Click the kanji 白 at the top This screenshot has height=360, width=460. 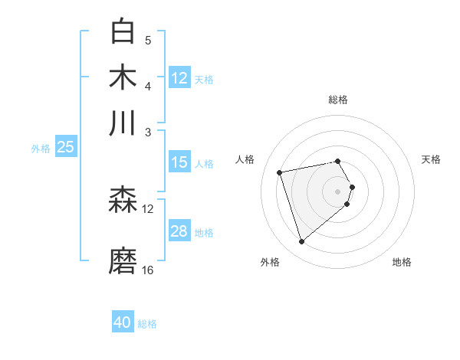[123, 32]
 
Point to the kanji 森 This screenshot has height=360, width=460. [123, 201]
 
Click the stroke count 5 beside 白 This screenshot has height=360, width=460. [148, 40]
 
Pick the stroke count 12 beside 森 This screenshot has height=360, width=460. [148, 208]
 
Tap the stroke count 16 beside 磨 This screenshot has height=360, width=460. [148, 270]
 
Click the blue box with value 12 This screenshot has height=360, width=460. [179, 78]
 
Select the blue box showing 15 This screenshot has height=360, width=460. [179, 162]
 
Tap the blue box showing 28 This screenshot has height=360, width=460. [179, 231]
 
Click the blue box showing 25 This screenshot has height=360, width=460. [65, 147]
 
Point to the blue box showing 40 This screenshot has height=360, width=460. [123, 322]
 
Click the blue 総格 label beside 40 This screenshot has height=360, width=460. [147, 324]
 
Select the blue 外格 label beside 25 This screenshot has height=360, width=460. [41, 149]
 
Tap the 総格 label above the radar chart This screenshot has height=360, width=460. [337, 100]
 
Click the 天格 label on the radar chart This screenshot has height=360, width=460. [431, 159]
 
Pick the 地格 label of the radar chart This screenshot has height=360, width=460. [402, 262]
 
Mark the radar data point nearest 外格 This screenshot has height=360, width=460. [301, 242]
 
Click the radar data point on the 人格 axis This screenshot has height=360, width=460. [280, 172]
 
